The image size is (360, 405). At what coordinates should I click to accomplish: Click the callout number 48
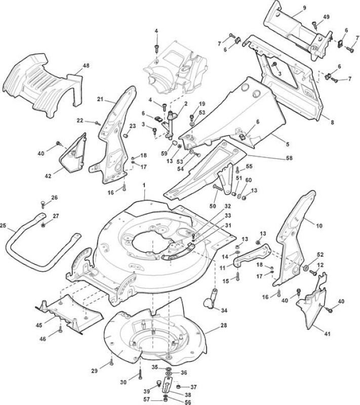(x=86, y=66)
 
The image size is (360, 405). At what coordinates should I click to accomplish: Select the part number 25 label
(x=3, y=225)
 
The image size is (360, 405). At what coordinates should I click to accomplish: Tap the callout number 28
(x=224, y=325)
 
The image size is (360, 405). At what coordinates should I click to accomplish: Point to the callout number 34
(x=224, y=310)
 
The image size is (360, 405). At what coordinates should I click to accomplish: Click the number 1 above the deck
(x=144, y=185)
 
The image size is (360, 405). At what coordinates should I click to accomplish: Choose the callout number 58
(x=289, y=157)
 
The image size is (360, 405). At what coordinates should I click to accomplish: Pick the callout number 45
(x=39, y=325)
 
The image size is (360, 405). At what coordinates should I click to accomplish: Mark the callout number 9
(x=304, y=8)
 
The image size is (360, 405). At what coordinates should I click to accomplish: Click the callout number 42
(x=48, y=176)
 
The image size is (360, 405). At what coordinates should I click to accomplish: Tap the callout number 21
(x=100, y=99)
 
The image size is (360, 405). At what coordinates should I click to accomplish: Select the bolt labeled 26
(x=43, y=204)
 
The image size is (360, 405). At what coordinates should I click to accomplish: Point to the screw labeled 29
(x=111, y=362)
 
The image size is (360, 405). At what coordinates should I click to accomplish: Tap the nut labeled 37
(x=178, y=387)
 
